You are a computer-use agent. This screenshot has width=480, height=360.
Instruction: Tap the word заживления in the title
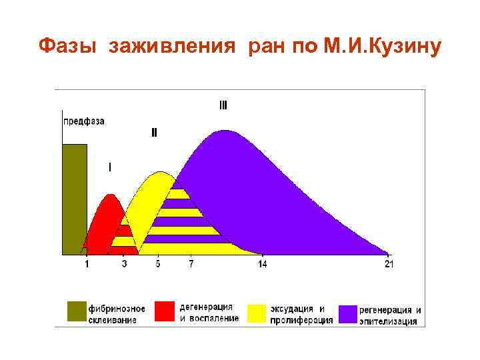[174, 47]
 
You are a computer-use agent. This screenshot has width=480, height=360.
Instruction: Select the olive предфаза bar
[75, 199]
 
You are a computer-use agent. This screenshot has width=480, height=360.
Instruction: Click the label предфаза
[83, 121]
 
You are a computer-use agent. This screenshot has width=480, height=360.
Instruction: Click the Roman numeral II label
[154, 132]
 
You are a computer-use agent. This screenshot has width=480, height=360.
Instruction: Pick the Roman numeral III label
[223, 105]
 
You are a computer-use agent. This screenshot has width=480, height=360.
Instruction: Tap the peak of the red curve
[111, 195]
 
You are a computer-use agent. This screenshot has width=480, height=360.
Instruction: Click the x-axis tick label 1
[87, 265]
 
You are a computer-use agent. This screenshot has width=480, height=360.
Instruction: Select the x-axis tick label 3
[125, 265]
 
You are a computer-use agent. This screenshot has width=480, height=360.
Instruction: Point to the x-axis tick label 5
[158, 265]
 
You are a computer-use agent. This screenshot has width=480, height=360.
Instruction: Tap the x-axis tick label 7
[191, 265]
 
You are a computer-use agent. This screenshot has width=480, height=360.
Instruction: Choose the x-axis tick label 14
[263, 265]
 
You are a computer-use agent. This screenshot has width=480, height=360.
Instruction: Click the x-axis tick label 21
[389, 265]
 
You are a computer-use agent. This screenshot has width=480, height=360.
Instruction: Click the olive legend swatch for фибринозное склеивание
[77, 312]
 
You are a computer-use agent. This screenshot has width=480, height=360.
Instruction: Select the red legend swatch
[164, 312]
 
